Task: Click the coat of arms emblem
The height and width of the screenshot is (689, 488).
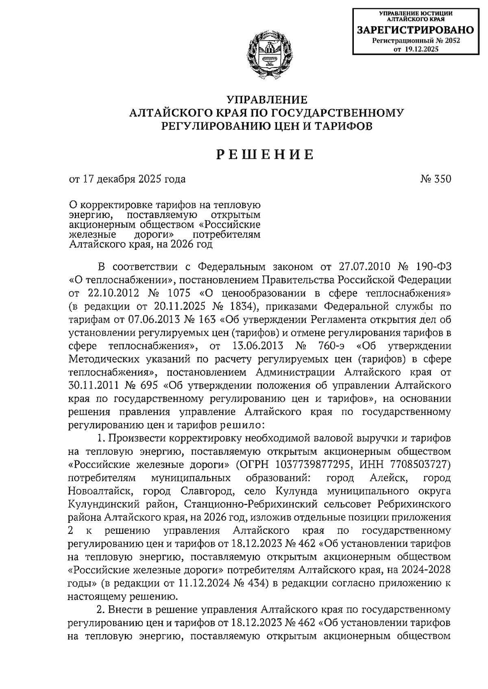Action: click(266, 53)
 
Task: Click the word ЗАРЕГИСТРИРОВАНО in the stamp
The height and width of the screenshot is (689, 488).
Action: click(415, 30)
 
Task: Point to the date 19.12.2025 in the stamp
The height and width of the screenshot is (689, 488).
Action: click(422, 49)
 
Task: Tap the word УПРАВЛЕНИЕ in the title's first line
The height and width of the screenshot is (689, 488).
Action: click(266, 100)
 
